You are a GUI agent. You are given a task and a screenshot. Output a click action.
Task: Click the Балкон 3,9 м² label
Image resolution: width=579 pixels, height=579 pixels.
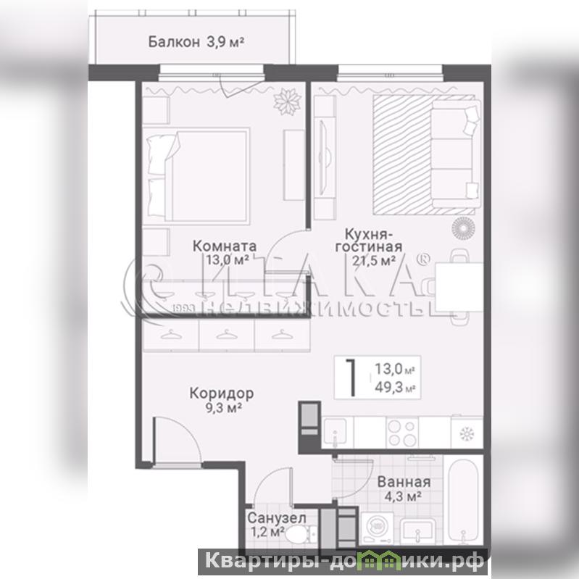pyautogui.click(x=196, y=42)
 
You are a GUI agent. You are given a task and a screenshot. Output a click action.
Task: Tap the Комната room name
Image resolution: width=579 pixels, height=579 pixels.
pyautogui.click(x=225, y=246)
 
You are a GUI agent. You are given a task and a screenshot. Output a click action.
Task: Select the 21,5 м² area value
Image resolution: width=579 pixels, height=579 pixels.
pyautogui.click(x=374, y=261)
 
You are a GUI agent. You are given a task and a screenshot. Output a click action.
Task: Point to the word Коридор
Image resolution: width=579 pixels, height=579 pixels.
pyautogui.click(x=222, y=393)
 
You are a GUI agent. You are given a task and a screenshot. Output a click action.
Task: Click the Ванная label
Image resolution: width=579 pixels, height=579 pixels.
pyautogui.click(x=404, y=482)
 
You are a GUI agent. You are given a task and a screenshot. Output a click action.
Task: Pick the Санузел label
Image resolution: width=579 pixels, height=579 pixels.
pyautogui.click(x=277, y=518)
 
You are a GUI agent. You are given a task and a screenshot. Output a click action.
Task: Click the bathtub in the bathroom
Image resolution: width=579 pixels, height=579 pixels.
pyautogui.click(x=464, y=500)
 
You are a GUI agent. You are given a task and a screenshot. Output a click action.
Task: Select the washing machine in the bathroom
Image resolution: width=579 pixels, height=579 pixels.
pyautogui.click(x=377, y=528)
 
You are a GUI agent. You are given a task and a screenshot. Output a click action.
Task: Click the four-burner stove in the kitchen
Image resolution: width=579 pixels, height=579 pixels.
pyautogui.click(x=402, y=433)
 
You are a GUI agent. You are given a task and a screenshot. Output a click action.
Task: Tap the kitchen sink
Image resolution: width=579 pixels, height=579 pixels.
pyautogui.click(x=335, y=433)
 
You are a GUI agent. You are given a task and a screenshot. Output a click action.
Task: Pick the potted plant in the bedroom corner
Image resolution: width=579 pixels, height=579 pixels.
pyautogui.click(x=287, y=101)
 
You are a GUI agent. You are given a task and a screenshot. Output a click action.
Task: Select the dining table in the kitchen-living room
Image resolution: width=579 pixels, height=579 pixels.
pyautogui.click(x=459, y=287)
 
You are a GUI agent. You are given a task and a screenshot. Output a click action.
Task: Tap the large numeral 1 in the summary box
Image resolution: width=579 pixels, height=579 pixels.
pyautogui.click(x=351, y=378)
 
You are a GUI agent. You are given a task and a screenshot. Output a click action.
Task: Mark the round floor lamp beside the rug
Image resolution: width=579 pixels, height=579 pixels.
pyautogui.click(x=464, y=228)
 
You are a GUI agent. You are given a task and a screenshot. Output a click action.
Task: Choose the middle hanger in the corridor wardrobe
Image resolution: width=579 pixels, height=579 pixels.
pyautogui.click(x=226, y=335)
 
